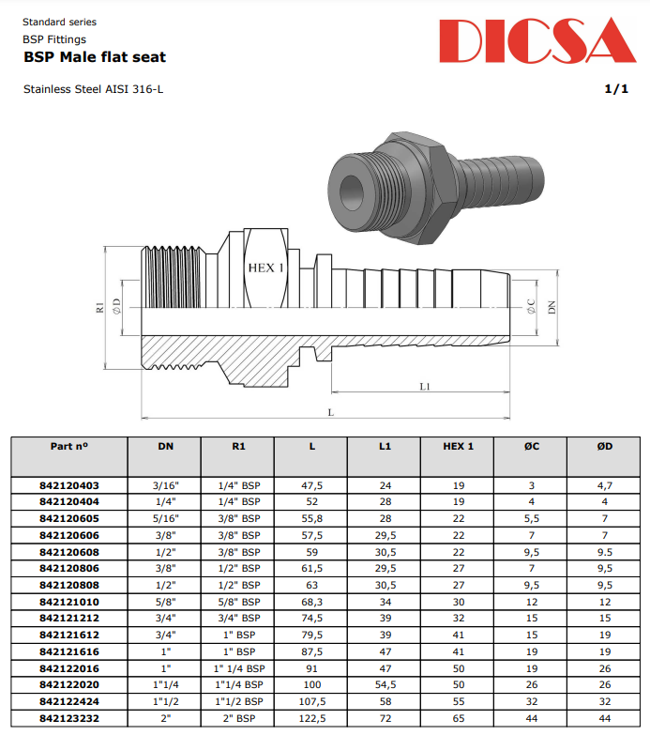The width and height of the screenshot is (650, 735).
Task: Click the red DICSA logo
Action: [x=537, y=42]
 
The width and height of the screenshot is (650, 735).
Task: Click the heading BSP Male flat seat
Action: [x=94, y=57]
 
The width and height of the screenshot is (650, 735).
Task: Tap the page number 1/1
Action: [x=616, y=89]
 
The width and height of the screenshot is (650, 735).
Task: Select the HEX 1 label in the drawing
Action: [x=265, y=268]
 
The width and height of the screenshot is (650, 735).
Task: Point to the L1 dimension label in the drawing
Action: [x=425, y=385]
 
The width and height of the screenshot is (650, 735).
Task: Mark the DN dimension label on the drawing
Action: [x=552, y=307]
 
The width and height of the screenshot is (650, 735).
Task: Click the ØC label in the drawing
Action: [x=531, y=306]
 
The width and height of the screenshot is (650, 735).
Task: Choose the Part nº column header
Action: [x=68, y=446]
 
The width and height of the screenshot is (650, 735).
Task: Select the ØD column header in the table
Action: [x=605, y=446]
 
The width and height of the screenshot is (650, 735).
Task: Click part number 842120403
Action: [x=68, y=486]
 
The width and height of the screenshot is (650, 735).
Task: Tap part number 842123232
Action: [x=68, y=718]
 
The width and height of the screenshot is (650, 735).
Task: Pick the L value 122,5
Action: [x=311, y=718]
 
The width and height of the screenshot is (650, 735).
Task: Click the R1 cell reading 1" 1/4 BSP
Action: [x=238, y=668]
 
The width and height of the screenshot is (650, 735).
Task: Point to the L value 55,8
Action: [x=311, y=519]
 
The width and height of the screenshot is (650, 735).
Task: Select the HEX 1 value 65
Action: [x=459, y=718]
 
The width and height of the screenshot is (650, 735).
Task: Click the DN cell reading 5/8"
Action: [x=164, y=602]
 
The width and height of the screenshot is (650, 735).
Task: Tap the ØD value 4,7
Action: [x=605, y=486]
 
